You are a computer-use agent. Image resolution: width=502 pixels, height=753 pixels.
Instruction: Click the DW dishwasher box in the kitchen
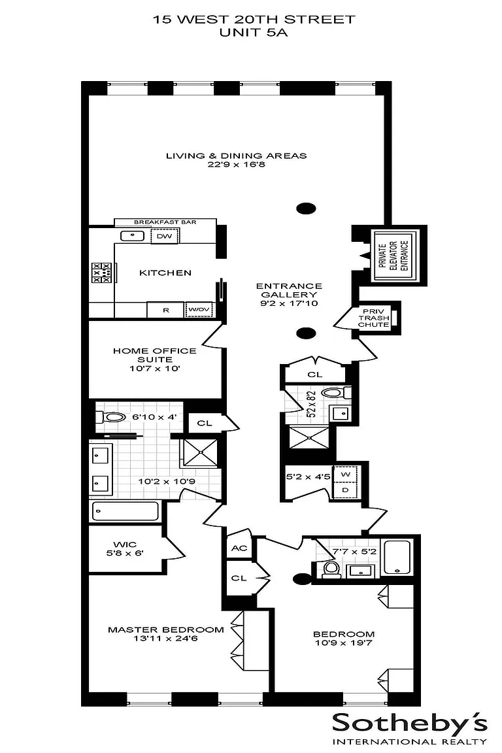click(165, 236)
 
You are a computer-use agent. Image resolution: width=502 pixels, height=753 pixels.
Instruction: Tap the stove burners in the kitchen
click(101, 273)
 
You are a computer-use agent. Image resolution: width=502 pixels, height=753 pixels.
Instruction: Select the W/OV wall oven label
click(199, 309)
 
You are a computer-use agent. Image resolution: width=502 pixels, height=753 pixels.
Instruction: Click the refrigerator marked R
click(166, 310)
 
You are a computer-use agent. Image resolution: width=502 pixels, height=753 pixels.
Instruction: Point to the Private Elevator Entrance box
click(396, 256)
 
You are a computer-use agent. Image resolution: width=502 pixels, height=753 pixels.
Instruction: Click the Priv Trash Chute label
click(374, 318)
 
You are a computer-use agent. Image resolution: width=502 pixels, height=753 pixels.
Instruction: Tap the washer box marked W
click(346, 474)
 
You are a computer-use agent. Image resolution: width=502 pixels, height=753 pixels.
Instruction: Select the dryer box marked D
click(346, 490)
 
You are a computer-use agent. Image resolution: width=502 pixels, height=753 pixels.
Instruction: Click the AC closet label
click(239, 548)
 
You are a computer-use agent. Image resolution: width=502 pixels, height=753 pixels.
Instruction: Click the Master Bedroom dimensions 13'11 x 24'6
click(166, 639)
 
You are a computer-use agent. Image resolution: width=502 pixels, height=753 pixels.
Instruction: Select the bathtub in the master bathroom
click(125, 511)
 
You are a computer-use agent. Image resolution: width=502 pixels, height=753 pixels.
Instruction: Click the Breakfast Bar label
click(165, 222)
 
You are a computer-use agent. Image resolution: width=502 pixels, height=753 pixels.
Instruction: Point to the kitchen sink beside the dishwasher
click(131, 236)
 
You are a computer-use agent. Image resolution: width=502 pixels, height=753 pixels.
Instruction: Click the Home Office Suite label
click(155, 355)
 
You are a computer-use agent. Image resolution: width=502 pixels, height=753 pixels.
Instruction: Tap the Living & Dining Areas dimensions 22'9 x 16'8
click(237, 164)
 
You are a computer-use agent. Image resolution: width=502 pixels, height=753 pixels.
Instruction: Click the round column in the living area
click(306, 209)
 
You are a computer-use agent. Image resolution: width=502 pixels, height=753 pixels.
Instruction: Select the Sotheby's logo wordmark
click(410, 724)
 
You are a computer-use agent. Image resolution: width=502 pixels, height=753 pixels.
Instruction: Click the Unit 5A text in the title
click(254, 33)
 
